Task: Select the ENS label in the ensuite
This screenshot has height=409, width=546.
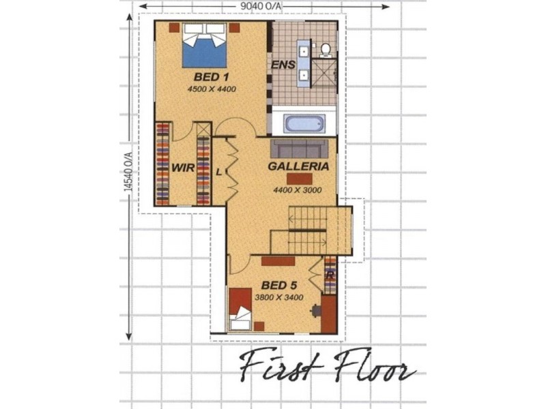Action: coord(283,65)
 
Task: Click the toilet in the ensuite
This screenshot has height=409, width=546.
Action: coord(326,49)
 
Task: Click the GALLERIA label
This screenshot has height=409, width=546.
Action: coord(299,166)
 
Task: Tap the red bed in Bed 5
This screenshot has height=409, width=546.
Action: coord(241,307)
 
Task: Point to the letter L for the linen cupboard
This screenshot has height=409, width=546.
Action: coord(218,172)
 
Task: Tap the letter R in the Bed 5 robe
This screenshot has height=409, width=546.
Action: coord(330,275)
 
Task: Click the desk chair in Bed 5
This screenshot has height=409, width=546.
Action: coord(315,311)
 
